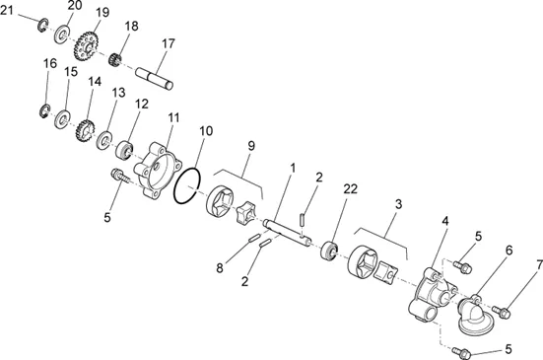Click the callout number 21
click(7, 11)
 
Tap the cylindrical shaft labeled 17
click(155, 78)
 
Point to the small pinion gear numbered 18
click(114, 59)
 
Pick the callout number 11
click(173, 117)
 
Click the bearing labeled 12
click(124, 151)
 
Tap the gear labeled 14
click(85, 130)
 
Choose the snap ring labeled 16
click(44, 110)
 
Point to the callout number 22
click(350, 188)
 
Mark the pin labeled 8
click(254, 238)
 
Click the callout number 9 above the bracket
click(251, 146)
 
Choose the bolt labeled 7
click(502, 311)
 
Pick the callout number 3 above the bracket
click(398, 204)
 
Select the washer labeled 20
click(62, 34)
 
